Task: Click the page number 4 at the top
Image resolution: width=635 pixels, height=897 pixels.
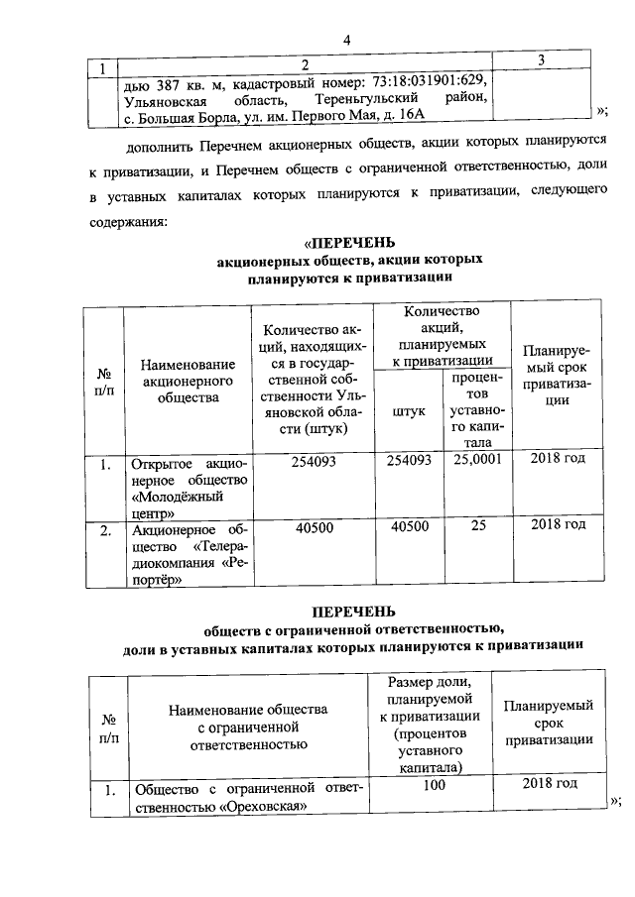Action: pyautogui.click(x=346, y=40)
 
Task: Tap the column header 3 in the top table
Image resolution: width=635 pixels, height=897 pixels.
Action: pyautogui.click(x=541, y=62)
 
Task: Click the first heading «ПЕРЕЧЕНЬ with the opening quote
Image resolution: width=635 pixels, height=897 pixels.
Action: pyautogui.click(x=350, y=242)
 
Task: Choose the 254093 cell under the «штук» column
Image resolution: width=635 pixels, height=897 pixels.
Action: pyautogui.click(x=409, y=460)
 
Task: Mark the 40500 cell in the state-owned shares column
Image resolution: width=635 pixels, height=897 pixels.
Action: pyautogui.click(x=313, y=527)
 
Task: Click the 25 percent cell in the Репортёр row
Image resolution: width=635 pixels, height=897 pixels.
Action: pyautogui.click(x=478, y=527)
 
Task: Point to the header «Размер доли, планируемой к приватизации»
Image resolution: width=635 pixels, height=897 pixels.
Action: pyautogui.click(x=436, y=725)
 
